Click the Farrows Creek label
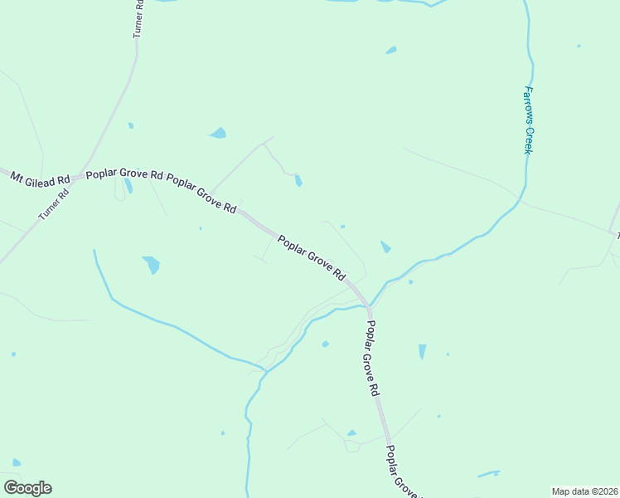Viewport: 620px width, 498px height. pos(527,120)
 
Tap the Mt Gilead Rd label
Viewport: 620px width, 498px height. pos(40,178)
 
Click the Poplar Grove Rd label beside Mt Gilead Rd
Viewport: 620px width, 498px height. pos(124,175)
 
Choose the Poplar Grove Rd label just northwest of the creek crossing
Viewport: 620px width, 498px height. pos(312,258)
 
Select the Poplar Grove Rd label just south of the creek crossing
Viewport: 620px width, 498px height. pos(373,357)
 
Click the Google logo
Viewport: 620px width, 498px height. pos(27,488)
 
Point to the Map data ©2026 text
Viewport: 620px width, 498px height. pos(584,491)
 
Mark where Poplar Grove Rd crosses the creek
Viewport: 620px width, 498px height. pos(367,307)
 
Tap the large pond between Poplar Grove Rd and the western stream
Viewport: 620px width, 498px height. pos(151,265)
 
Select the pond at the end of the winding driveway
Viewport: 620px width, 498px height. pos(298,180)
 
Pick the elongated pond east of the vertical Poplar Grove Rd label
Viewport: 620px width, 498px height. pos(422,352)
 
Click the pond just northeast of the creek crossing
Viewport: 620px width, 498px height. pos(385,247)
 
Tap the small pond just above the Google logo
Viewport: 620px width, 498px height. pos(17,462)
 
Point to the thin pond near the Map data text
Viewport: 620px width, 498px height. pos(488,475)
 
